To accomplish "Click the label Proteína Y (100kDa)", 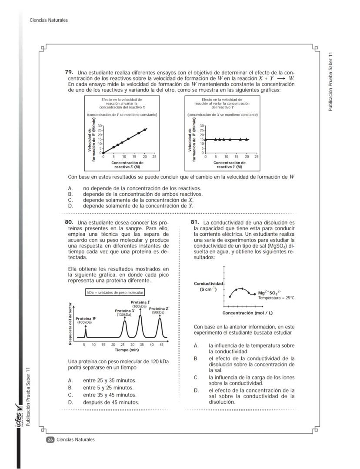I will tap(140, 304).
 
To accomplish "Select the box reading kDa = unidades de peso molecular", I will tap(115, 293).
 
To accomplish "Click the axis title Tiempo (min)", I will tap(127, 350).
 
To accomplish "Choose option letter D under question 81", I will tap(196, 390).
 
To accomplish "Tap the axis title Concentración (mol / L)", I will tap(247, 313).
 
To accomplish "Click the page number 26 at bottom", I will tap(50, 440).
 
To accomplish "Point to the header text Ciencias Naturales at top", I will tap(49, 20).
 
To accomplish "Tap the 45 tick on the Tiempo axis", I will tap(161, 344).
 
